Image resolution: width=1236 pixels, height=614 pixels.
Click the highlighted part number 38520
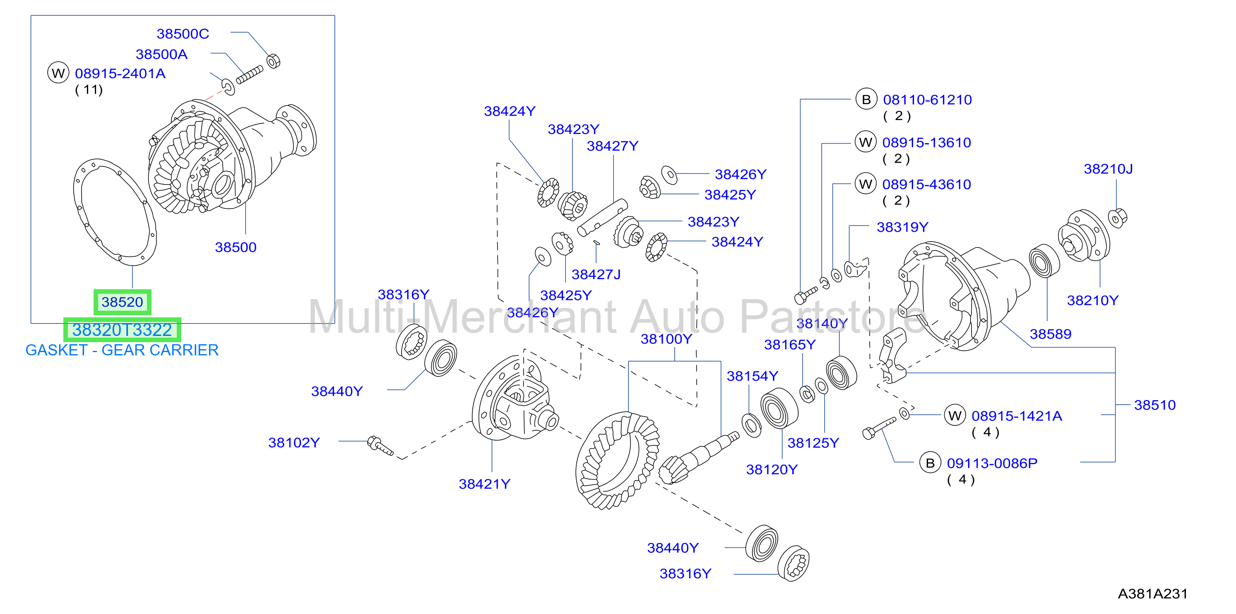pyautogui.click(x=123, y=302)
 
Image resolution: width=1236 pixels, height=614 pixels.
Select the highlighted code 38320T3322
pyautogui.click(x=123, y=330)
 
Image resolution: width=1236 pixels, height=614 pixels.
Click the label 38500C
pyautogui.click(x=183, y=34)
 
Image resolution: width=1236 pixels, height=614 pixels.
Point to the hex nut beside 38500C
pyautogui.click(x=274, y=61)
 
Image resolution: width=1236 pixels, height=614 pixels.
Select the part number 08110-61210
pyautogui.click(x=928, y=100)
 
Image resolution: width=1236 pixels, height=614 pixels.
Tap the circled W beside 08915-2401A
pyautogui.click(x=58, y=73)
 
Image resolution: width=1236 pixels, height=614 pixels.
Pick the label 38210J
pyautogui.click(x=1109, y=169)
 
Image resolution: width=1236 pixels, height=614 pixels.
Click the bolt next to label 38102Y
pyautogui.click(x=380, y=446)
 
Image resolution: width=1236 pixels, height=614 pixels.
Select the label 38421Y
pyautogui.click(x=485, y=484)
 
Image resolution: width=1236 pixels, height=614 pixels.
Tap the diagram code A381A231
pyautogui.click(x=1152, y=594)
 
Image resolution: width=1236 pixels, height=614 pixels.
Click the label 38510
pyautogui.click(x=1155, y=405)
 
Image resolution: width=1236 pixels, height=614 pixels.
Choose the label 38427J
pyautogui.click(x=596, y=274)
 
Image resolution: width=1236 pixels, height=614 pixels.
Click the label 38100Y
pyautogui.click(x=666, y=339)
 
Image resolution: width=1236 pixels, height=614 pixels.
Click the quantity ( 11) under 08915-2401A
pyautogui.click(x=89, y=90)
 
